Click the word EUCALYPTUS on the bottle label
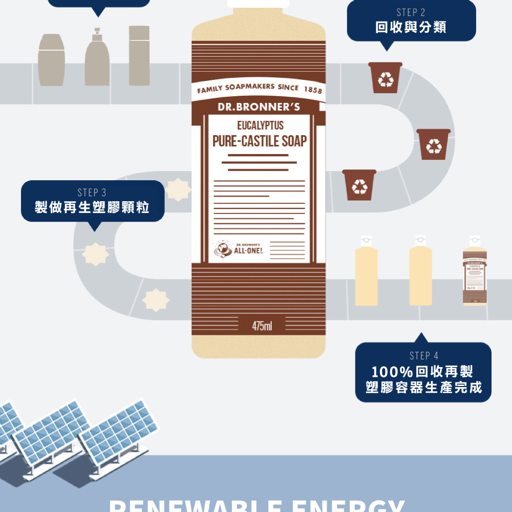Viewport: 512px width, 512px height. click(x=260, y=126)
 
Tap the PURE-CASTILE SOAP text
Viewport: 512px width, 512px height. click(x=260, y=141)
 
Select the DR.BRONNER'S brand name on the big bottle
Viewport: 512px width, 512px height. click(x=259, y=108)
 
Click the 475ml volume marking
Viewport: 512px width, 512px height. click(x=262, y=326)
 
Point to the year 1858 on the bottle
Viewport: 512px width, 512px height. click(x=313, y=91)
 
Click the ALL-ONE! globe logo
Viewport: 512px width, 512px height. click(x=223, y=250)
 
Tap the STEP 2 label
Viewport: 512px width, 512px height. click(x=411, y=12)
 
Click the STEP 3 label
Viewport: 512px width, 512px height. click(x=92, y=193)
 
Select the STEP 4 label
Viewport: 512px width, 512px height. click(x=424, y=355)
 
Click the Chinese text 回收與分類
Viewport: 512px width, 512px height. click(x=411, y=27)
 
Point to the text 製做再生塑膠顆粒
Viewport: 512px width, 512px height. click(x=92, y=207)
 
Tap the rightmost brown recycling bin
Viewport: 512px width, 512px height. click(x=434, y=144)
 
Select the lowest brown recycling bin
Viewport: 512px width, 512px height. click(x=359, y=185)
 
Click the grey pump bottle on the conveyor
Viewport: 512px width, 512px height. click(x=97, y=58)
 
